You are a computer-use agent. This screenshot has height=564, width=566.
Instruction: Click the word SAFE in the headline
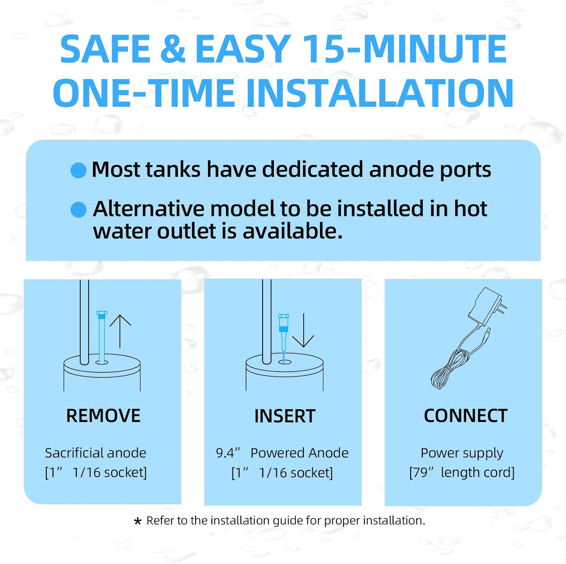[x=105, y=49]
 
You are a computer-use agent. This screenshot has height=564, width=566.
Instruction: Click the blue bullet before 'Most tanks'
[x=78, y=170]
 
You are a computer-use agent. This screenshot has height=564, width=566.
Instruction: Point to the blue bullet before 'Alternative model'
[x=78, y=209]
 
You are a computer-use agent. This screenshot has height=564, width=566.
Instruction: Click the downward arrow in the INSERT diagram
[x=303, y=330]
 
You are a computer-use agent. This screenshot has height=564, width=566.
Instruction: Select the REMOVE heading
[x=103, y=416]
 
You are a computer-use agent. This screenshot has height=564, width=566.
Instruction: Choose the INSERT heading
[x=285, y=416]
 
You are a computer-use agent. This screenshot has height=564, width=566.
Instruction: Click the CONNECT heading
[x=466, y=416]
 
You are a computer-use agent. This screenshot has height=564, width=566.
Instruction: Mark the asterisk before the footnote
[x=138, y=522]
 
